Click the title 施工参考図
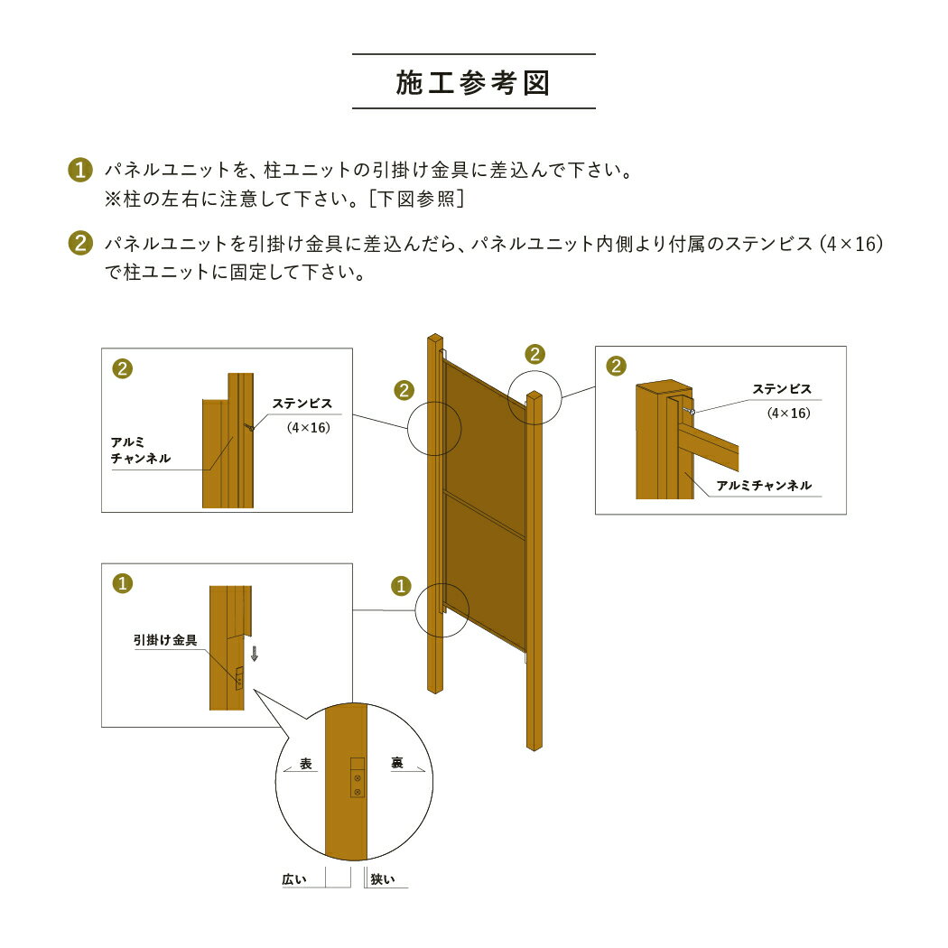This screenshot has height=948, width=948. point(473,83)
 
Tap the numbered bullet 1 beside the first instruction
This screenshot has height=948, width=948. point(80,170)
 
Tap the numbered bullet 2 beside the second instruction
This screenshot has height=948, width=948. point(80,243)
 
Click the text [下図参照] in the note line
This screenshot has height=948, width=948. point(416,199)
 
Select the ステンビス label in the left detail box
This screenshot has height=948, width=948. point(302,404)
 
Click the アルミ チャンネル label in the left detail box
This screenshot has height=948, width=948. point(140,451)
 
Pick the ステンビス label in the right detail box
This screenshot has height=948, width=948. point(782,389)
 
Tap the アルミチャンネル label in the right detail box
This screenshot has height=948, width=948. point(764,486)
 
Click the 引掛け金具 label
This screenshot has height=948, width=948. point(165,639)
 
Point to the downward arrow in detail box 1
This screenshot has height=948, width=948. point(255,654)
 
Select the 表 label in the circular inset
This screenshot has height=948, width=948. point(306,764)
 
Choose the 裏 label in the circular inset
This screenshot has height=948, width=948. point(396,763)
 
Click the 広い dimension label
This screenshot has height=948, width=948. point(294,879)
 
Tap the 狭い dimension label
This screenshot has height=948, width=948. point(382,879)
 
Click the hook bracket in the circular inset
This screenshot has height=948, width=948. point(358,777)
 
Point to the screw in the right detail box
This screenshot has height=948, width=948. point(689,411)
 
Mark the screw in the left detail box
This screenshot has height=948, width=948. point(249,427)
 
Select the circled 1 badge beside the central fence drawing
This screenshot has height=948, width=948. point(401,586)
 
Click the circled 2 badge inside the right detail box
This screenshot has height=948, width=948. point(616,366)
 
